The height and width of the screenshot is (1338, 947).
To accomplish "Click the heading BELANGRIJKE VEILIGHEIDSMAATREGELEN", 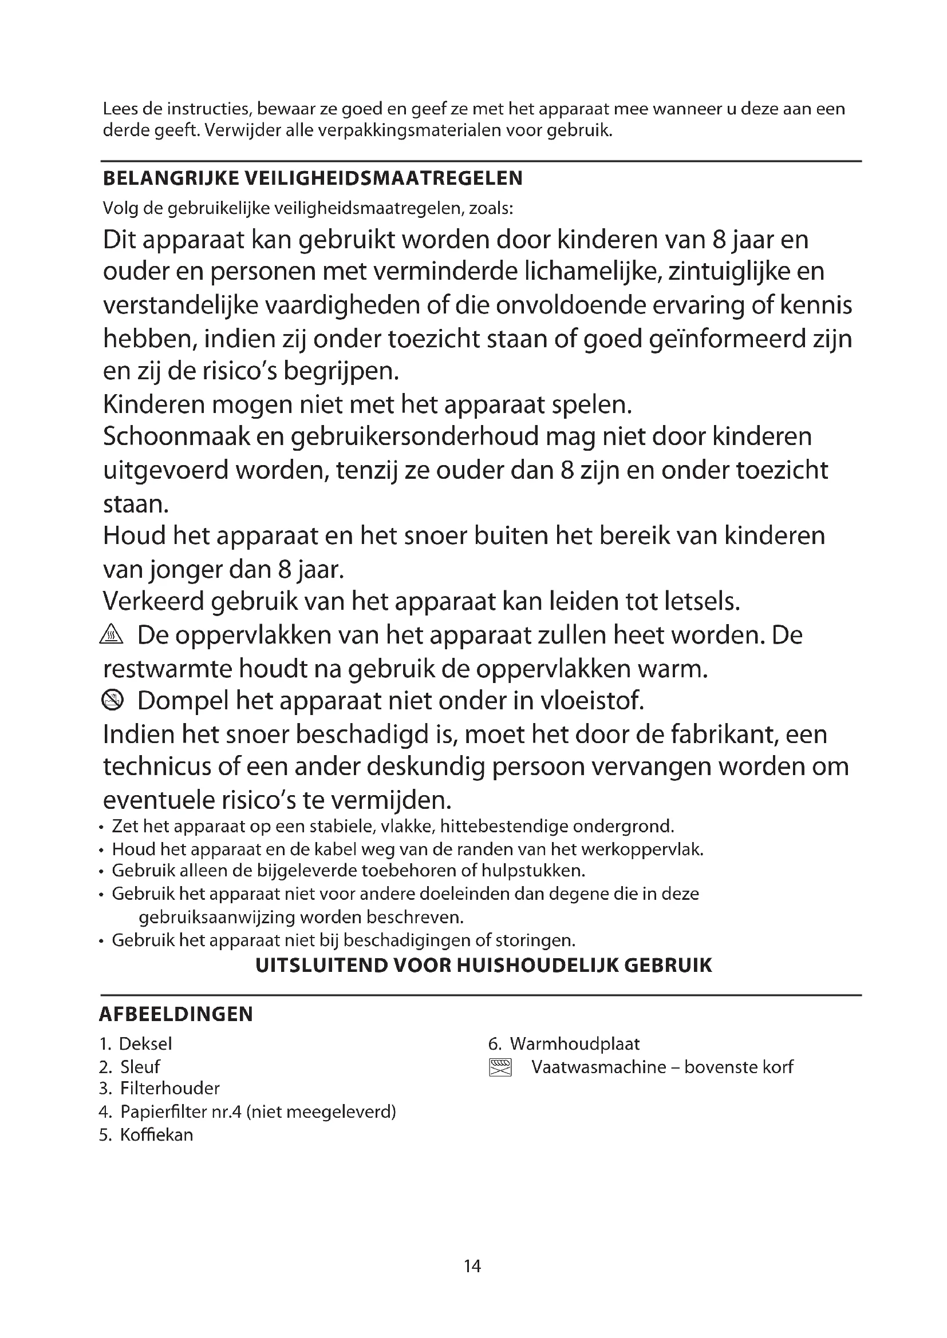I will click(x=313, y=178).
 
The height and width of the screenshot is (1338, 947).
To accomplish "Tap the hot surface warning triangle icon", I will click(x=112, y=635).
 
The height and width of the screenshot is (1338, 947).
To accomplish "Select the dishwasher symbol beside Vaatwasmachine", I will click(x=500, y=1067).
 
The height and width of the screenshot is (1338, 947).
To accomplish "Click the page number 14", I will click(x=472, y=1266).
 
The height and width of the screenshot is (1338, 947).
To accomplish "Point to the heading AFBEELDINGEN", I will click(x=176, y=1014).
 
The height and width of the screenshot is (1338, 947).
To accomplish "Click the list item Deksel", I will click(x=145, y=1044).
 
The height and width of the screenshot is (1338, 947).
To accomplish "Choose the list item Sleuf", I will click(x=140, y=1067).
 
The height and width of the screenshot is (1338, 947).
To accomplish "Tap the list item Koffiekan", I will click(x=156, y=1134).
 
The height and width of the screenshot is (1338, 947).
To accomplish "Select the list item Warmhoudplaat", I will click(x=574, y=1044).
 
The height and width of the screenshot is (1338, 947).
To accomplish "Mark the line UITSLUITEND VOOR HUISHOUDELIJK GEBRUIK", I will click(x=484, y=965).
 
